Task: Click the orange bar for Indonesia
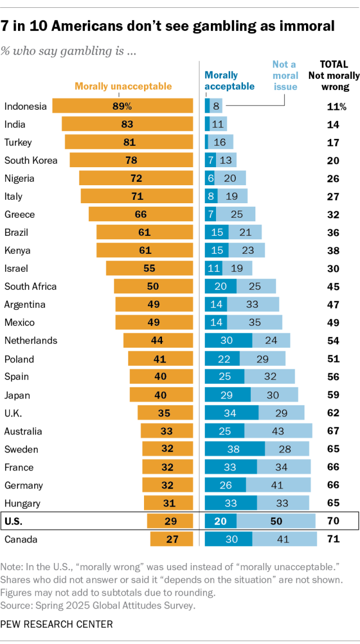[123, 106]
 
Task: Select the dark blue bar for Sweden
[235, 449]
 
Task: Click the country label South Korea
[31, 160]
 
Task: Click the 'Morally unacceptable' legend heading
[123, 86]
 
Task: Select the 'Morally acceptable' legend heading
[229, 80]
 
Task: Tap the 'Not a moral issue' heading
[285, 75]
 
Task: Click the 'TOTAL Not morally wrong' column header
[334, 75]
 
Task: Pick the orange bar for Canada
[172, 539]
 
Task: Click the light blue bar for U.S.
[276, 521]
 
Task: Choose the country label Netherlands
[31, 341]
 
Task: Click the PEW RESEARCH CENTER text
[56, 624]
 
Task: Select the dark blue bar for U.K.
[231, 413]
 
